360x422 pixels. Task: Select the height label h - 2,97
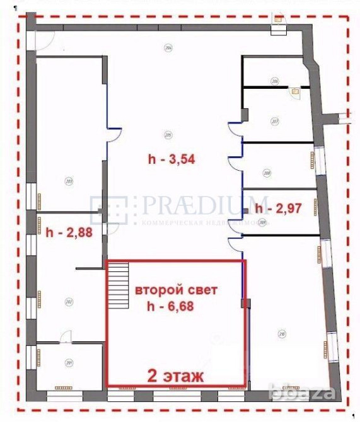278,207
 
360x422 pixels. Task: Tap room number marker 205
168,134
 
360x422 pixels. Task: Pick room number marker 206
274,81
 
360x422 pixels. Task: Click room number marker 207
274,121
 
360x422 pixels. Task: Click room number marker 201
69,362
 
